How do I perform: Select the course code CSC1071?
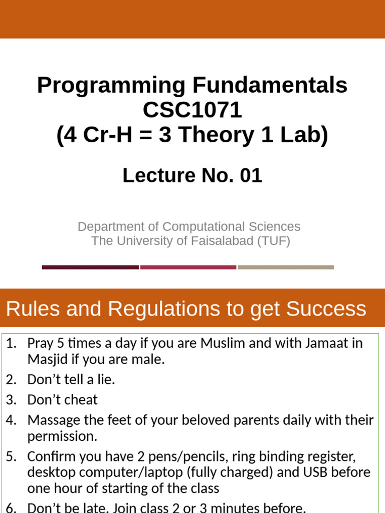point(192,110)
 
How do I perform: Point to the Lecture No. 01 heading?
point(192,176)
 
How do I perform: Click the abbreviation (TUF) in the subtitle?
point(274,241)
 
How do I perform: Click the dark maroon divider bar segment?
point(90,267)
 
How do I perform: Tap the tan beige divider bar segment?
point(286,267)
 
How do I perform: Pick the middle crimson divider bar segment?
point(188,267)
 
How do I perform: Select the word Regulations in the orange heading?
point(164,309)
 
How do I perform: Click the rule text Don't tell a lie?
point(71,380)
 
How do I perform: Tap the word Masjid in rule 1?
point(46,359)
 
